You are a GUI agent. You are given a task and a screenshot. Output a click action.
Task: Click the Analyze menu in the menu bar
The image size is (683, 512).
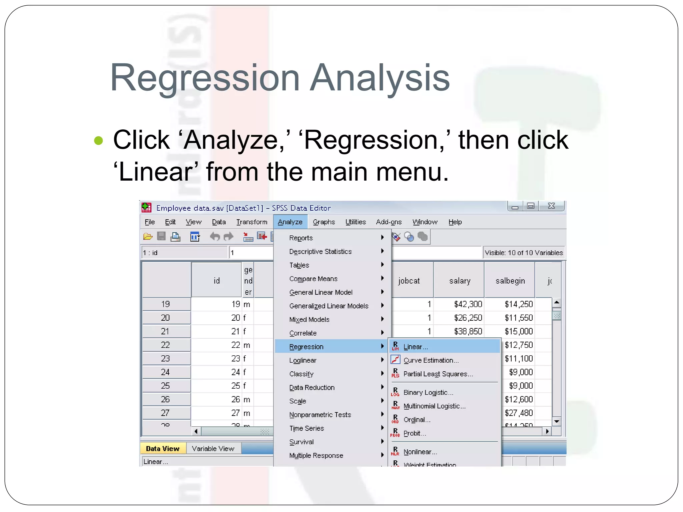click(x=290, y=222)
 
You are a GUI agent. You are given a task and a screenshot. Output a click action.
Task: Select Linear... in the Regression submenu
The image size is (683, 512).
click(x=415, y=347)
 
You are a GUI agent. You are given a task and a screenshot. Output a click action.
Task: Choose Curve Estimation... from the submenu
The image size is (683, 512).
click(x=431, y=360)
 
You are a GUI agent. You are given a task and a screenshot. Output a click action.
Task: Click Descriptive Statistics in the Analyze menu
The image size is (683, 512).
click(x=320, y=252)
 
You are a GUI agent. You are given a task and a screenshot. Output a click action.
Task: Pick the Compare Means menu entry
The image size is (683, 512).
click(x=313, y=279)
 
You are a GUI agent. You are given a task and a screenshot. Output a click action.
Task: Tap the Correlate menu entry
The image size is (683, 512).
click(x=303, y=333)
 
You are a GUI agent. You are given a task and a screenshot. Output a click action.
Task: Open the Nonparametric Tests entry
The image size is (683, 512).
click(x=320, y=415)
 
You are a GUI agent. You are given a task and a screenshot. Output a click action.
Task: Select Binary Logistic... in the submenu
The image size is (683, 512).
click(x=428, y=393)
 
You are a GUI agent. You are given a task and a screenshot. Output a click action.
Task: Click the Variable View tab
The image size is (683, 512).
click(x=213, y=449)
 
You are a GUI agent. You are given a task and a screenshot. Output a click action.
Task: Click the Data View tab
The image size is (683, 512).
click(x=162, y=449)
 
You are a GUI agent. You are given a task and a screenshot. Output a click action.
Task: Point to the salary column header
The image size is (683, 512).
click(x=460, y=281)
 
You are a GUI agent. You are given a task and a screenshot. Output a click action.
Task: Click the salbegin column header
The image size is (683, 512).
click(x=510, y=281)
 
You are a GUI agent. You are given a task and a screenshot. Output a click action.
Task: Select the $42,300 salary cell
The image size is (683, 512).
click(x=468, y=304)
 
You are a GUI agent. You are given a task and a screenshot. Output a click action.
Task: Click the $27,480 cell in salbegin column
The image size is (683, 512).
click(x=519, y=413)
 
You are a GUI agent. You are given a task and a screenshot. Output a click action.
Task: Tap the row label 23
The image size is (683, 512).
click(x=165, y=359)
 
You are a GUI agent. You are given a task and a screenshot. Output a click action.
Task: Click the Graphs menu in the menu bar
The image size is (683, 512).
click(x=323, y=222)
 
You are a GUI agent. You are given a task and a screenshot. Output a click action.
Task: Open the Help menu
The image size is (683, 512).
click(x=455, y=222)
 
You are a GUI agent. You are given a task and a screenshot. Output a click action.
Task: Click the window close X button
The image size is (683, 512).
click(x=552, y=206)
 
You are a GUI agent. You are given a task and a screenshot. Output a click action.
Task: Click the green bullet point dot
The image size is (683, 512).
click(x=99, y=140)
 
